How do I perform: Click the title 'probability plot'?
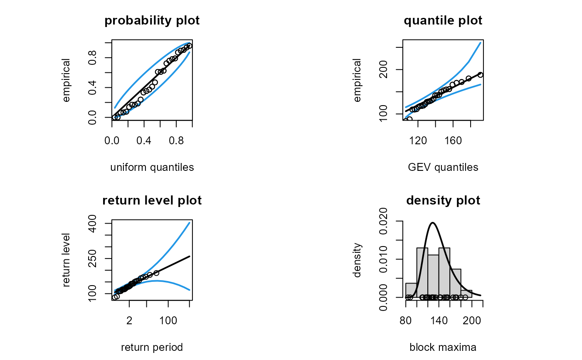152,21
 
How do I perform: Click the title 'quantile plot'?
443,21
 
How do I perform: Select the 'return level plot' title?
152,200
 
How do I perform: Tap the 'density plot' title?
443,200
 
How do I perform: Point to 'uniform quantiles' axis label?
152,168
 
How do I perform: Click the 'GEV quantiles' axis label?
443,168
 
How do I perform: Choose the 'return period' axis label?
152,348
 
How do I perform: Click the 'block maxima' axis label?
443,348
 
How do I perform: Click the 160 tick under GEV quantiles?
454,141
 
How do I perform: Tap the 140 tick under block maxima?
439,321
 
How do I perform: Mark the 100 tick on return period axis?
168,321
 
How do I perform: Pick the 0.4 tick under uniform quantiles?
144,141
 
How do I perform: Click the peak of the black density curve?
433,223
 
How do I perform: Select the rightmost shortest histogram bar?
466,293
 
